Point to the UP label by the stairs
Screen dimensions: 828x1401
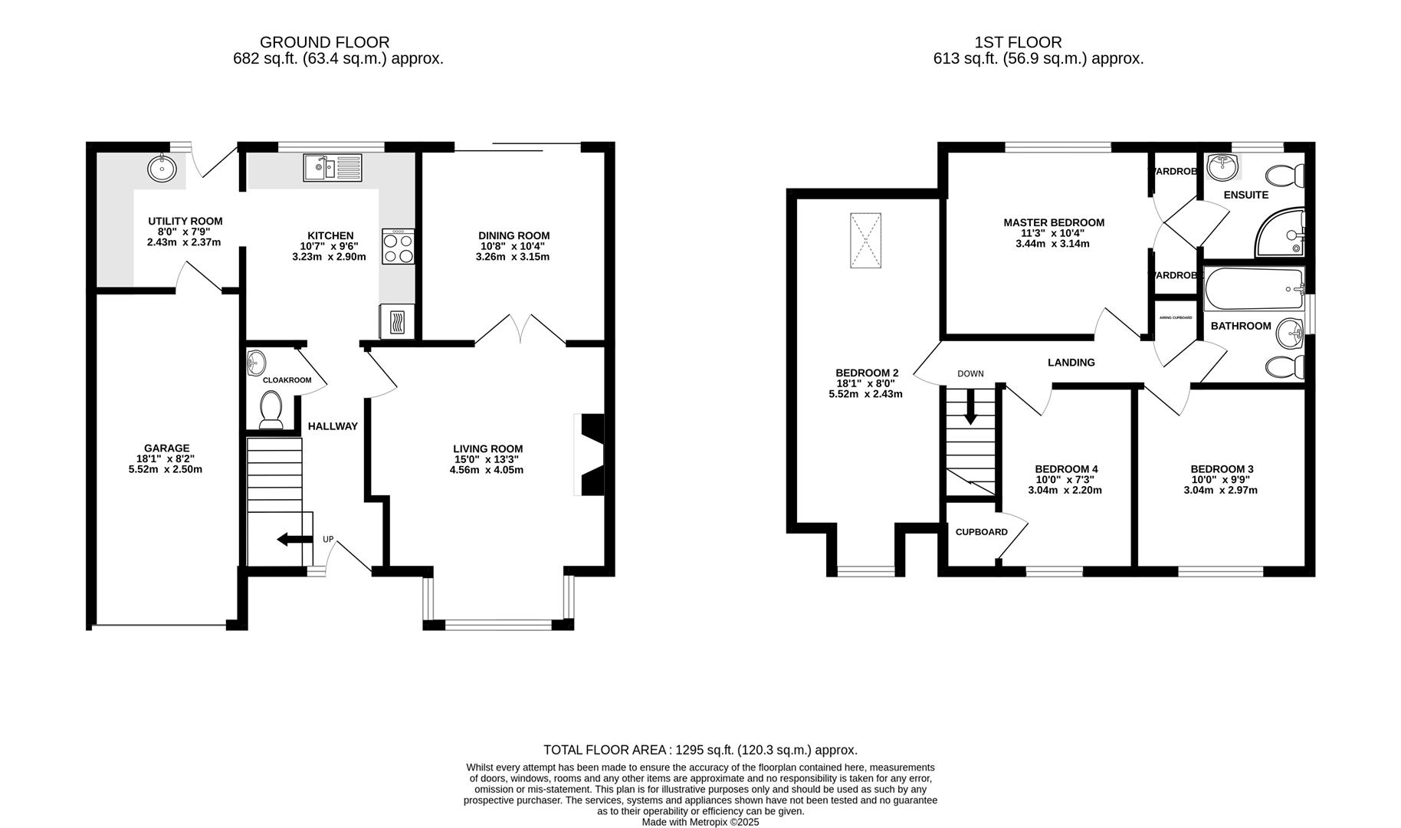tap(328, 540)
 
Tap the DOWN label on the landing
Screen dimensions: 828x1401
tap(970, 374)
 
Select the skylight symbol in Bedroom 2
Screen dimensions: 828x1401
tap(865, 241)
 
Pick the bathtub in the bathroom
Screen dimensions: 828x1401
tap(1254, 288)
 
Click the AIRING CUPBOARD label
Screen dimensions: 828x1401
tap(1176, 317)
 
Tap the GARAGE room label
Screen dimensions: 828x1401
tap(166, 449)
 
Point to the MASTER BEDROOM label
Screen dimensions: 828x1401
tap(1054, 223)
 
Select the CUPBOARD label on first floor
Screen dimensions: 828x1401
tap(981, 532)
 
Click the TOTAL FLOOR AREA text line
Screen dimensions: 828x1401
tap(700, 750)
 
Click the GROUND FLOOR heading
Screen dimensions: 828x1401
tap(324, 42)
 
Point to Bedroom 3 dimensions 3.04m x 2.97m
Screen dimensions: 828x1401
tap(1221, 490)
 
